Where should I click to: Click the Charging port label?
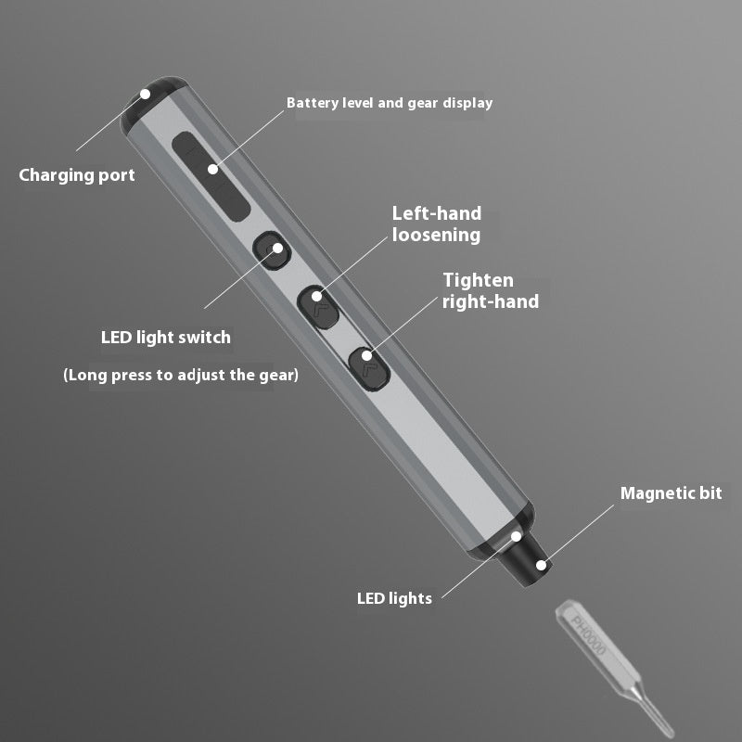[77, 175]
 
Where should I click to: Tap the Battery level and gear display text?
[390, 103]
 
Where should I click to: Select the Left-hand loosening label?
[437, 224]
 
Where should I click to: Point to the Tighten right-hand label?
[491, 290]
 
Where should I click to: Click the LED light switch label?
[166, 338]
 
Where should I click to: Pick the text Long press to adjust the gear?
[181, 376]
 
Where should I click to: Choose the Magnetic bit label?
[671, 493]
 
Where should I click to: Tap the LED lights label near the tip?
[394, 598]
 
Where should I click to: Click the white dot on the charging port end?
[146, 95]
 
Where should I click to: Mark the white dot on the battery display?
[213, 169]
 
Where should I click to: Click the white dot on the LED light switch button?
[277, 248]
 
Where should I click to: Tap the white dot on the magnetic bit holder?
[541, 565]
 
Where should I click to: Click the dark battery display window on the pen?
[211, 176]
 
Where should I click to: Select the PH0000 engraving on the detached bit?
[588, 635]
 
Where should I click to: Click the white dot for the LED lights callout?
[517, 537]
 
